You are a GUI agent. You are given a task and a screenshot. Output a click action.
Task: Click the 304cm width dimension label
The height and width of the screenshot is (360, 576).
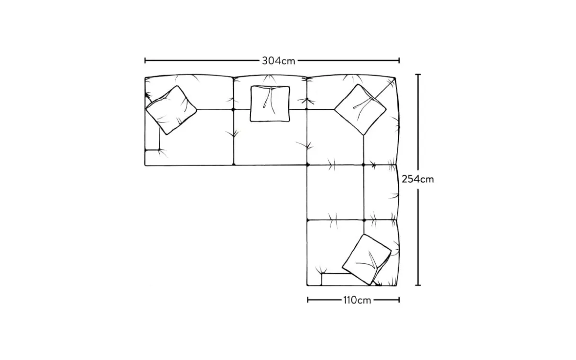point(278,60)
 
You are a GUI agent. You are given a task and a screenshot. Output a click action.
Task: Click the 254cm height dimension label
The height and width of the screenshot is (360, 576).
point(418,179)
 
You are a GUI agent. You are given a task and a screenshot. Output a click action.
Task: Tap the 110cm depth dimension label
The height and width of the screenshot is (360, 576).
point(357,300)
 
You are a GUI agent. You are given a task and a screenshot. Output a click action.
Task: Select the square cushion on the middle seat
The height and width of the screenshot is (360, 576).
point(270,104)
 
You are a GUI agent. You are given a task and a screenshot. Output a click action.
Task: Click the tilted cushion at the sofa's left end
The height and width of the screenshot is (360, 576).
point(171,110)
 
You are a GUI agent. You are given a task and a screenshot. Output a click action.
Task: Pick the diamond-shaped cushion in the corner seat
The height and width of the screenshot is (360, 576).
point(360,109)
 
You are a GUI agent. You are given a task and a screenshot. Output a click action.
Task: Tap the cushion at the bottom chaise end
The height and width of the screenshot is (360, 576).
point(366,259)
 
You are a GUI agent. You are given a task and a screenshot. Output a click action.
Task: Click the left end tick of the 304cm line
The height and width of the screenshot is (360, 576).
point(145,60)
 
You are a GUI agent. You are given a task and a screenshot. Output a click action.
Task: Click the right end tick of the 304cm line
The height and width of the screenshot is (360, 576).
point(399,60)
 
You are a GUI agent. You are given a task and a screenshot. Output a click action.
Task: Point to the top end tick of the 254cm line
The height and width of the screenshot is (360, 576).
point(418,75)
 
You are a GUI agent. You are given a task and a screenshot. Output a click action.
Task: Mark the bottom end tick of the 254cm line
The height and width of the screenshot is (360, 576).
point(418,285)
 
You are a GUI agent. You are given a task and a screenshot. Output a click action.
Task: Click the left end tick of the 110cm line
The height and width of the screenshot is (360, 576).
point(308,300)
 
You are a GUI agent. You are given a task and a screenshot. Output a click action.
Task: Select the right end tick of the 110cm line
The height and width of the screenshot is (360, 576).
point(399,300)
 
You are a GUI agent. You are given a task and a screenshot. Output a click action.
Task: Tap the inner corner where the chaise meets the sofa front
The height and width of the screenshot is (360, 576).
point(307,165)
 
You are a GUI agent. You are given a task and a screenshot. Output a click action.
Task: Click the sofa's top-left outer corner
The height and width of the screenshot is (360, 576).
point(146,78)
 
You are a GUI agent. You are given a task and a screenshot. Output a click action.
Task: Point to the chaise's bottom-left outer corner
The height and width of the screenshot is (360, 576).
point(307,285)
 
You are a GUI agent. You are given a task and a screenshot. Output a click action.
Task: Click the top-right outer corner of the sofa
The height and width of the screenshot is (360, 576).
point(395,78)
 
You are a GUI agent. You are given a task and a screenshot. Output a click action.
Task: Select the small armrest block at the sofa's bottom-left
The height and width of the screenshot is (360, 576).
point(152,157)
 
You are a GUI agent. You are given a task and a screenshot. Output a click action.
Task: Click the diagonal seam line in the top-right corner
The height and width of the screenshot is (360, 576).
point(385,89)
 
